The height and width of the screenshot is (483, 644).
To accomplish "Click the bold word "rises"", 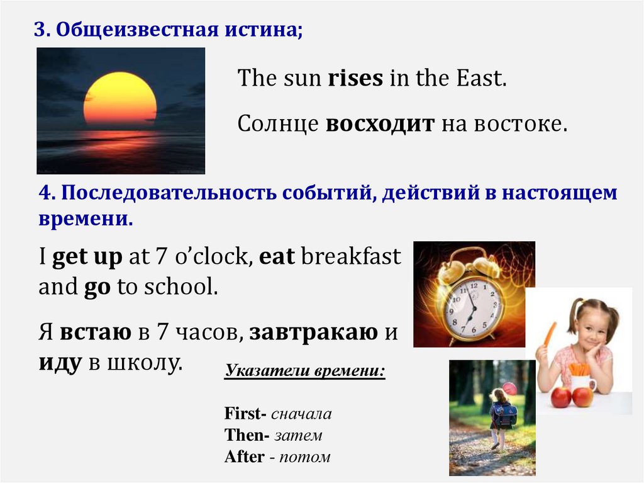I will [355, 79].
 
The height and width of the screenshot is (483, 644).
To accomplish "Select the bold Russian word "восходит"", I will [380, 124].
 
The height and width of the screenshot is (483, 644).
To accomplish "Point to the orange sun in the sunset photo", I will [120, 101].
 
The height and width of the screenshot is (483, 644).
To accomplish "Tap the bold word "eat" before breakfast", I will [277, 258].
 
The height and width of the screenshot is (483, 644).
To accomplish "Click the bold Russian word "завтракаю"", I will [313, 332].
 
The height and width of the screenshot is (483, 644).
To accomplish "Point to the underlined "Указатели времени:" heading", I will [304, 370].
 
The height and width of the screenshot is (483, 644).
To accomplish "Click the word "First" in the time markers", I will [243, 414].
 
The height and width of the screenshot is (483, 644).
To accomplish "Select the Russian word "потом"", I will [304, 457].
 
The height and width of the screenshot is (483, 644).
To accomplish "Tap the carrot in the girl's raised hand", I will [550, 333].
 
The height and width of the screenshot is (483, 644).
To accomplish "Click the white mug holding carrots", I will [582, 382].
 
